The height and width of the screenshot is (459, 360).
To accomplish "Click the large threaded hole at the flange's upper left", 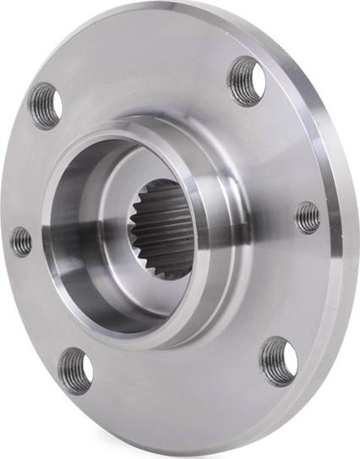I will point(45,105).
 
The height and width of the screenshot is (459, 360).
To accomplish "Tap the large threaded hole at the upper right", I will point(246,80).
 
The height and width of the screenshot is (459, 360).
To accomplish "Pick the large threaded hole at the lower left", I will point(75,370).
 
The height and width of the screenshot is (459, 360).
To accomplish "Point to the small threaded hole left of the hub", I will point(22,241).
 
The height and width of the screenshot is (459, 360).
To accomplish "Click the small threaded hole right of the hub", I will point(308,218).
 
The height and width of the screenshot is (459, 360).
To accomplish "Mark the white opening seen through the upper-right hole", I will point(256,80).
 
